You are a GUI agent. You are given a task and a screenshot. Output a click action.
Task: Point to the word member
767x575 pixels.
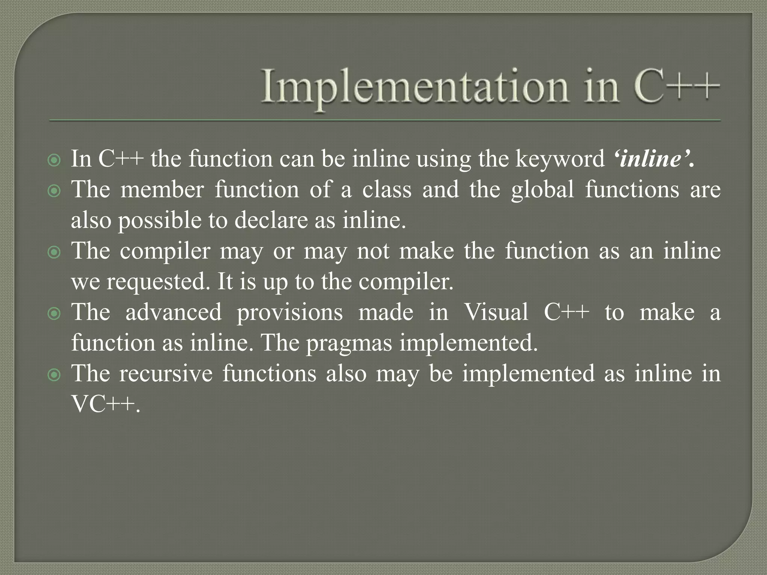click(162, 189)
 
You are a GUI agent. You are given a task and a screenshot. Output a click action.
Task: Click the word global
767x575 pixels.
click(542, 189)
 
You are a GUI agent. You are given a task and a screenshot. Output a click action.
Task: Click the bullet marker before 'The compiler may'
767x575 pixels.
click(55, 253)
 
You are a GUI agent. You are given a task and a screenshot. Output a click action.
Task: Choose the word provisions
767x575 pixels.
click(289, 313)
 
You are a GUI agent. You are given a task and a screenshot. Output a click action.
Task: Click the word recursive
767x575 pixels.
click(166, 374)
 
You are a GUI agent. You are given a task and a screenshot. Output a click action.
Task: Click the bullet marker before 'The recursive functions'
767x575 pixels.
click(55, 375)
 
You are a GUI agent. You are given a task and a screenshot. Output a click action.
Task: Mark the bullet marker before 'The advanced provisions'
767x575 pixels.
click(55, 314)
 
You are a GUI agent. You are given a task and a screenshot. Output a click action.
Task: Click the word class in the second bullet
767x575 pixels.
click(386, 189)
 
